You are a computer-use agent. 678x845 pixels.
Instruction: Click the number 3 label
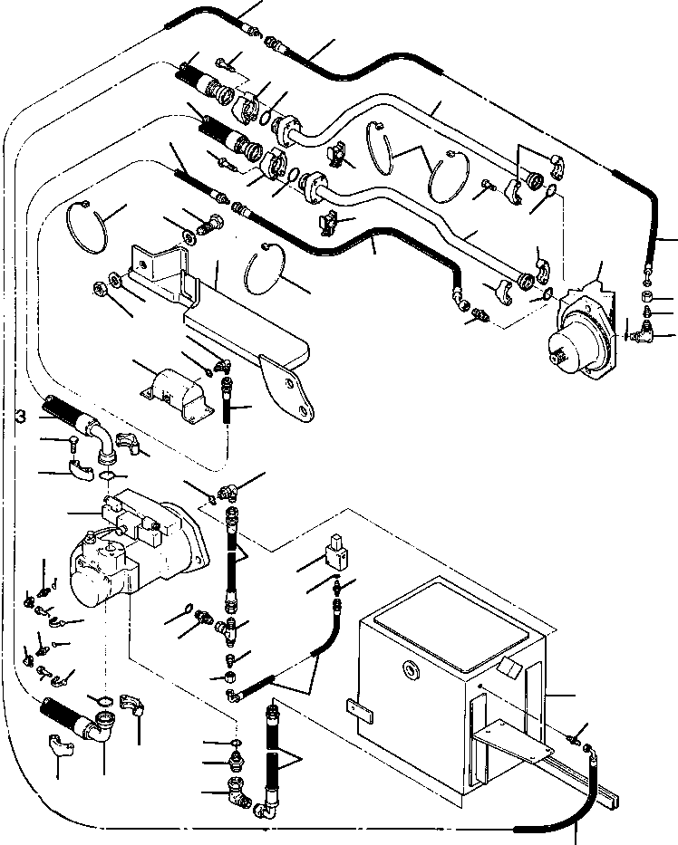tap(19, 416)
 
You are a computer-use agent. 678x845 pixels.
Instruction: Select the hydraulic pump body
tap(136, 543)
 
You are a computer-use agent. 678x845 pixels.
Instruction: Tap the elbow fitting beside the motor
tap(651, 335)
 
